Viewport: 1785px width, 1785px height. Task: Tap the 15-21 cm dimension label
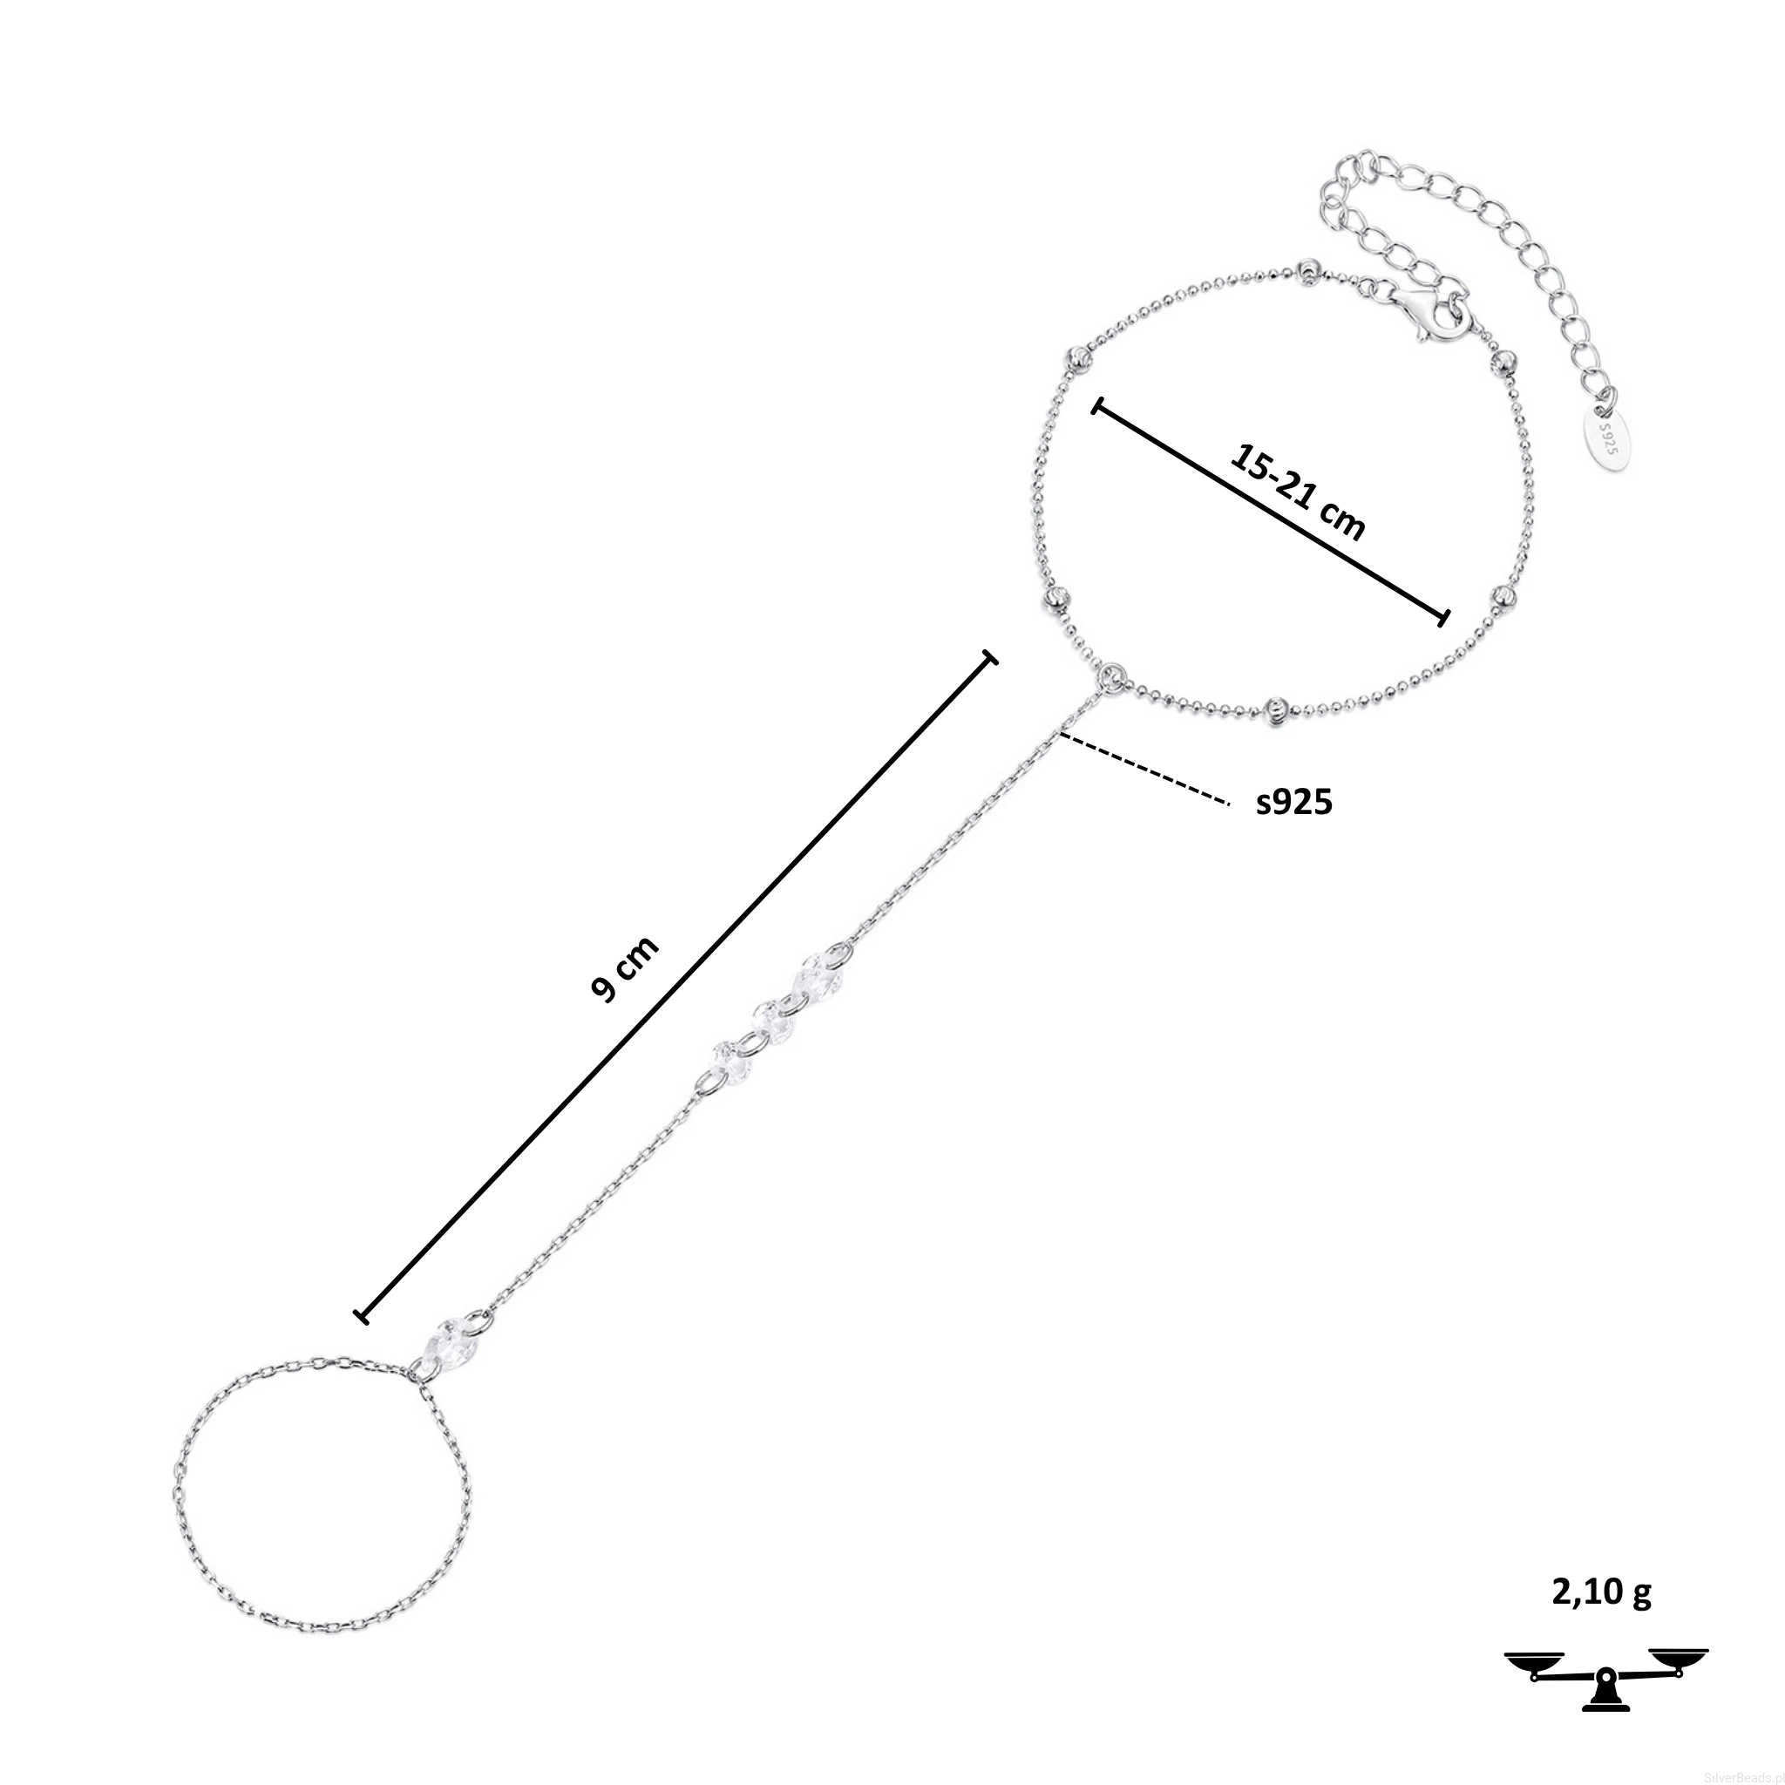coord(1298,490)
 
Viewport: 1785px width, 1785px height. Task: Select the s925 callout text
coord(1294,802)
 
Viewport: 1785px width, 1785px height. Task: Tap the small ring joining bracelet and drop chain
coord(1112,676)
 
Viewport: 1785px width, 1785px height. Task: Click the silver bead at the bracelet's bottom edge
coord(1278,708)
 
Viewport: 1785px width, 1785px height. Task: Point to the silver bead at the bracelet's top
coord(1308,271)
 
